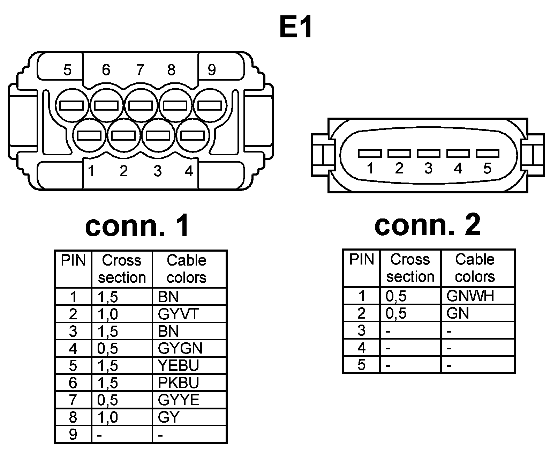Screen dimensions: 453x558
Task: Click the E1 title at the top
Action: pos(296,27)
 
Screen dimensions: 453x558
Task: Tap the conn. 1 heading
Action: pos(137,225)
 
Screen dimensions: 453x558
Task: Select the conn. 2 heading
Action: pos(427,224)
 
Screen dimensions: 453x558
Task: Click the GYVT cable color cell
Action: pos(178,314)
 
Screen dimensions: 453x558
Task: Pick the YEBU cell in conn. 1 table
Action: pos(178,365)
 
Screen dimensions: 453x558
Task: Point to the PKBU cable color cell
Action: pos(178,383)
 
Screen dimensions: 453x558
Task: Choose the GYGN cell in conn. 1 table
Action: pos(180,348)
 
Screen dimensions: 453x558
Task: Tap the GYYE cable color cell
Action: pos(179,400)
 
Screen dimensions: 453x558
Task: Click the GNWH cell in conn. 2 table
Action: pos(470,296)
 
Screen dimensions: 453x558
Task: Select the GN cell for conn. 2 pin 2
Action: pos(458,313)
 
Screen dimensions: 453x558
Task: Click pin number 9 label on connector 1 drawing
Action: pos(212,70)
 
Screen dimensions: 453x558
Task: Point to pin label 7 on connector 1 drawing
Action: pos(140,70)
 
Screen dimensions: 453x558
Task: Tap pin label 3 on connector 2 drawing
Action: pos(428,168)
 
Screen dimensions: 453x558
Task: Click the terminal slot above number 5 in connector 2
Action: pos(487,153)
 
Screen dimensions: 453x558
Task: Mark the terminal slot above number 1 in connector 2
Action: pos(370,153)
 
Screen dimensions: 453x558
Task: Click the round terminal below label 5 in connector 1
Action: pos(71,105)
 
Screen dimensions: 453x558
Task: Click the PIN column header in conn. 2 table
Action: pos(362,259)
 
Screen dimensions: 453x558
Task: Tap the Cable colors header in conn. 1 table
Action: pos(187,269)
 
